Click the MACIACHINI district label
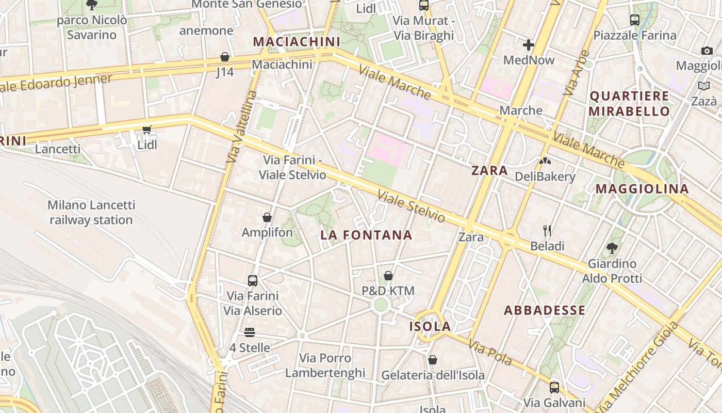click(297, 41)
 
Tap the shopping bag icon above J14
click(225, 57)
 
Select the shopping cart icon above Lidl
click(147, 130)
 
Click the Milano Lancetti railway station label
click(91, 212)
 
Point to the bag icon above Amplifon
click(267, 217)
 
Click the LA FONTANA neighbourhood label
click(366, 235)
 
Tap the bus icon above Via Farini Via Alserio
click(253, 281)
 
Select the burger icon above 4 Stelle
click(250, 332)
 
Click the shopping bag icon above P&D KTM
click(388, 276)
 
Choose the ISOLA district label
click(430, 326)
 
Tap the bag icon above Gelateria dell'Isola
click(433, 359)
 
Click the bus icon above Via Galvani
click(554, 387)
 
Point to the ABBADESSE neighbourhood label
click(545, 310)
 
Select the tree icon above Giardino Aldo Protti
click(612, 248)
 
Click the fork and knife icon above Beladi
click(547, 230)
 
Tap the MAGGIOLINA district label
click(642, 189)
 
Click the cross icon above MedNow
click(529, 44)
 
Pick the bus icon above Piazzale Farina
click(635, 20)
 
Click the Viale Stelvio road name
click(411, 206)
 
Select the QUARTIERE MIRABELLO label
click(629, 103)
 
